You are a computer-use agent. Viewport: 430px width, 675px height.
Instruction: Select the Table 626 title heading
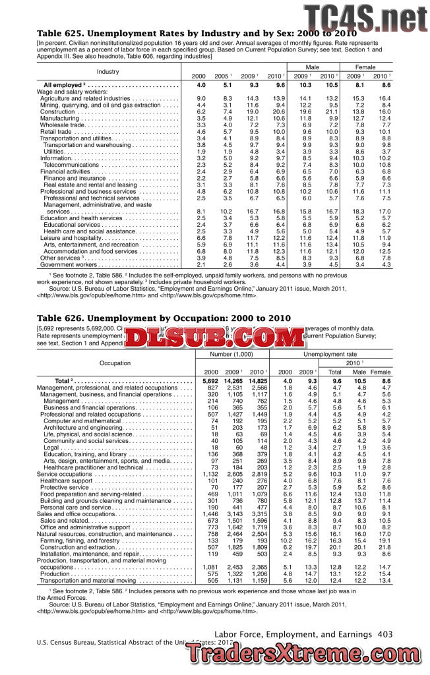[164, 318]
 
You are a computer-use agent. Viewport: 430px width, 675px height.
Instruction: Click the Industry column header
[107, 71]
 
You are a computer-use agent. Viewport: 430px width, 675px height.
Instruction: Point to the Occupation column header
[115, 363]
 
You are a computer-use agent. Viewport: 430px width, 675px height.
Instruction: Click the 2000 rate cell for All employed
[202, 86]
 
